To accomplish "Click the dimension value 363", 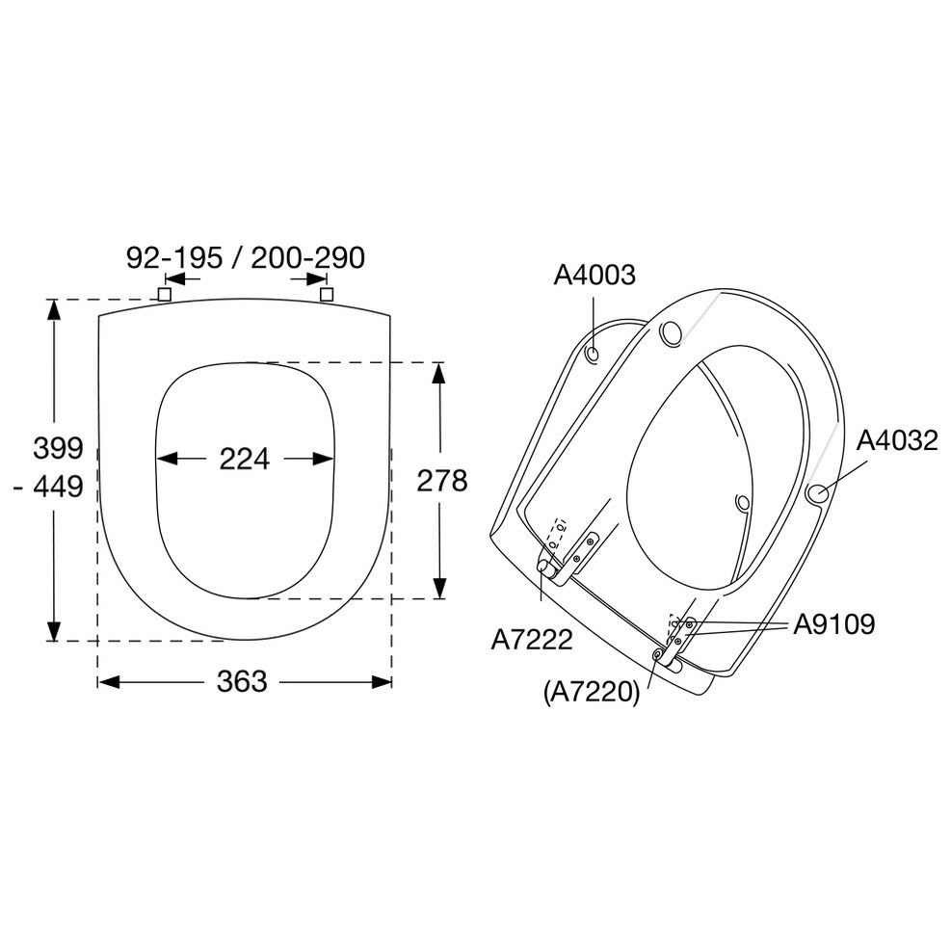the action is [242, 682].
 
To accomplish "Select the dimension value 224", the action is [244, 460].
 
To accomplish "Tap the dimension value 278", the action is [441, 481].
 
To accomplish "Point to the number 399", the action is [58, 448].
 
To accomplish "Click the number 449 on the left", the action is [58, 487].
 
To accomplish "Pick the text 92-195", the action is [174, 258].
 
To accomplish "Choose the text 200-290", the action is [308, 258].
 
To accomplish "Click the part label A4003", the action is [594, 275].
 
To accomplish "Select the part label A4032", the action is [897, 440].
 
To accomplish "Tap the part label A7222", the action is [531, 639].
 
